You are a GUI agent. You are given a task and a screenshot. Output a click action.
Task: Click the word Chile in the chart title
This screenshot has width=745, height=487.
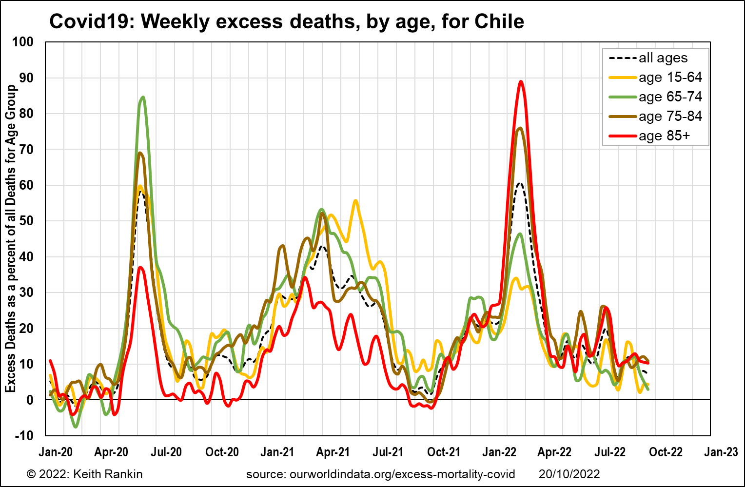499,21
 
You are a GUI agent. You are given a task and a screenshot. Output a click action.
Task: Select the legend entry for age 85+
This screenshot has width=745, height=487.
650,136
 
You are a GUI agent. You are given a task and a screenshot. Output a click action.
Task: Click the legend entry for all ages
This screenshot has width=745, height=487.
648,58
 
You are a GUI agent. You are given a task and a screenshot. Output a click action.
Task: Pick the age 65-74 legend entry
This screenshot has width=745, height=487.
655,97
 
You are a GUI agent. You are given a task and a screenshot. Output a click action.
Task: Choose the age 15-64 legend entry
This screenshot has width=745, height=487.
655,78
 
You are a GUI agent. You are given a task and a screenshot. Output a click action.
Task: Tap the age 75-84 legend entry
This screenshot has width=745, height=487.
655,117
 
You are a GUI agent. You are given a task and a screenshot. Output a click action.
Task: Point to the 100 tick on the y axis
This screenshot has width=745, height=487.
22,42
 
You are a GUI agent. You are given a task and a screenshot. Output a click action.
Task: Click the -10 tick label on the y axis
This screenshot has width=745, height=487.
24,435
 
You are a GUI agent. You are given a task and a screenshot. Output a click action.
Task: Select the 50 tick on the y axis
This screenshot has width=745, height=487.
26,221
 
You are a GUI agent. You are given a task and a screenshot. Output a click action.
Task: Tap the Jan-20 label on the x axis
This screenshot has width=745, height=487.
56,452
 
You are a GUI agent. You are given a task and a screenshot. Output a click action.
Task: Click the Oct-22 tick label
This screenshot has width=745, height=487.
666,452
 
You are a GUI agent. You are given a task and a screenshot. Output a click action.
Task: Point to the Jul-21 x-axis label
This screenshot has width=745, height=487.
388,452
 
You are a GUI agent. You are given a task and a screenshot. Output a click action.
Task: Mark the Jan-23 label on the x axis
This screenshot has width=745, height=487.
721,452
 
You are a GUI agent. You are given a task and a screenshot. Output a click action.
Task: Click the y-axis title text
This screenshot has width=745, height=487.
11,239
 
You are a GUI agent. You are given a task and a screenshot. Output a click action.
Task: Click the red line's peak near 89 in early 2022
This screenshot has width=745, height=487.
521,81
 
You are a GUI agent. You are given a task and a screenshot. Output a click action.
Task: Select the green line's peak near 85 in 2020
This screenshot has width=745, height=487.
143,97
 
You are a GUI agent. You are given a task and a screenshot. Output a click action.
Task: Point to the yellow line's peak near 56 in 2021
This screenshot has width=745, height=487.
355,200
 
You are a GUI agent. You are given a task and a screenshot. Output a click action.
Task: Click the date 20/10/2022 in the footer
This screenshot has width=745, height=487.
569,474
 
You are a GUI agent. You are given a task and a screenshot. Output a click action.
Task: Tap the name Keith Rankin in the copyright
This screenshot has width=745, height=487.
108,474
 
